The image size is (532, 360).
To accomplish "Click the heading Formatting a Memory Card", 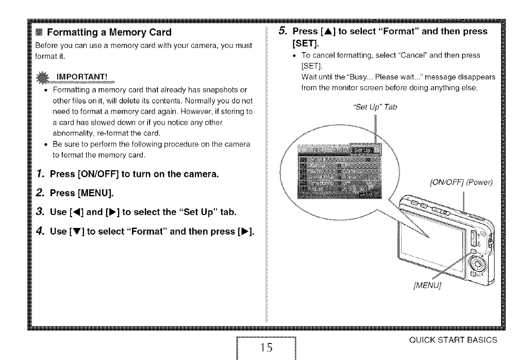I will tap(109, 32).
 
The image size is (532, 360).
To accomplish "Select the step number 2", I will tap(42, 193).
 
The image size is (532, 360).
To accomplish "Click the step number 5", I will tap(282, 31).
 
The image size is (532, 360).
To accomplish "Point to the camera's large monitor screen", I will tap(433, 242).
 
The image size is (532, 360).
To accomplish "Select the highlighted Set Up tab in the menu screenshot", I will tap(362, 150).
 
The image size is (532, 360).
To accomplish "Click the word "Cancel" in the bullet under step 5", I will tap(421, 55).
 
